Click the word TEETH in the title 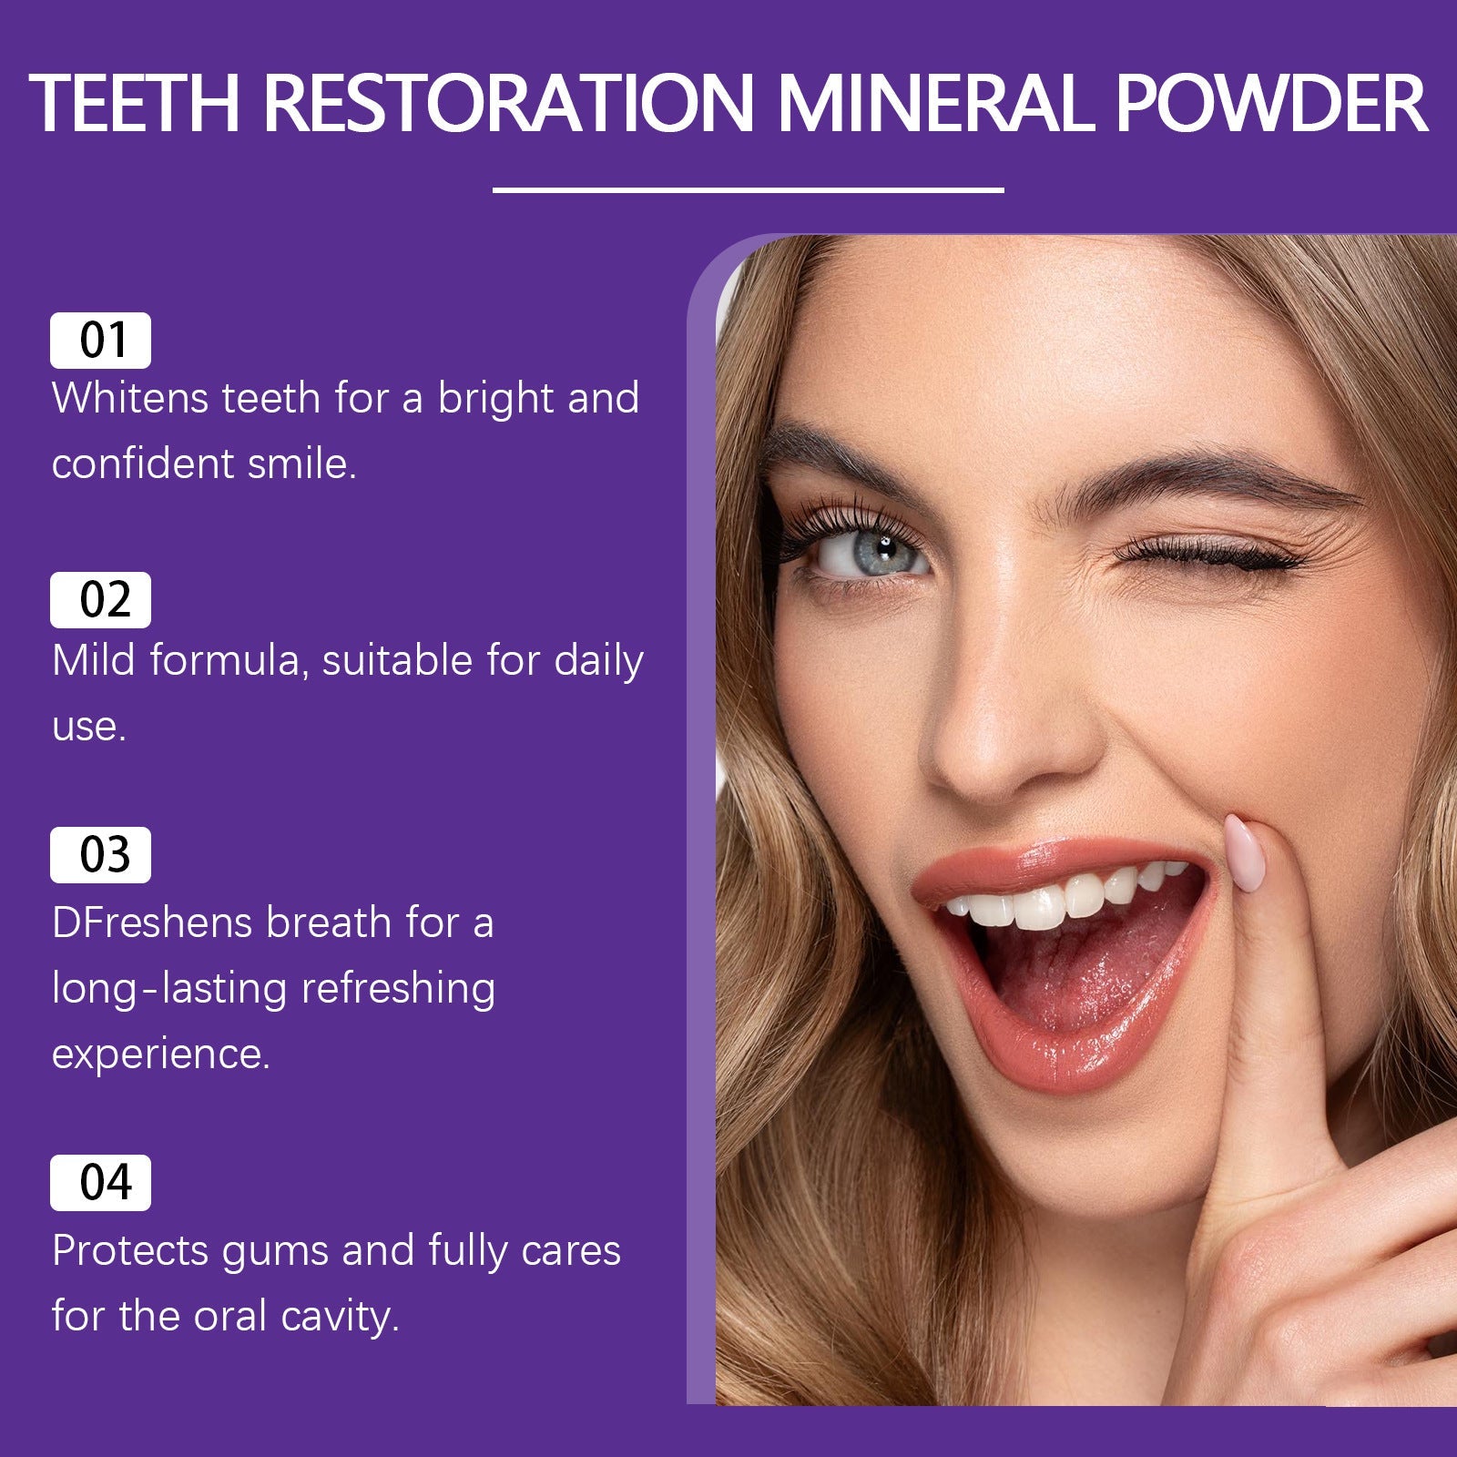(135, 103)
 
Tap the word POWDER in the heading (1270, 103)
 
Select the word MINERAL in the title (936, 103)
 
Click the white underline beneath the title (748, 190)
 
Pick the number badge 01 (100, 341)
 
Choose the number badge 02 (100, 600)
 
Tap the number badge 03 (100, 855)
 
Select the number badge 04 (100, 1183)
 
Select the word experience (161, 1055)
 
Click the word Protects (130, 1251)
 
